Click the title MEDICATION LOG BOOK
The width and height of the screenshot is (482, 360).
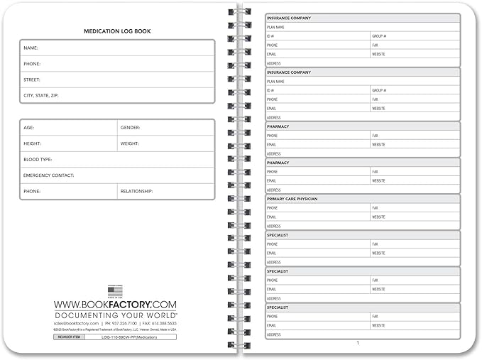[117, 31]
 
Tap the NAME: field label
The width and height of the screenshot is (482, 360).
[31, 48]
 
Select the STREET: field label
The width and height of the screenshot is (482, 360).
[32, 80]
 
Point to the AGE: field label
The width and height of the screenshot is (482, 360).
[29, 128]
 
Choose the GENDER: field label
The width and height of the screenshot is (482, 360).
[131, 128]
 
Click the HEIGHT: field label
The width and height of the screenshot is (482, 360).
[33, 143]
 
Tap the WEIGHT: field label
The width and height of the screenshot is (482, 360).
[131, 143]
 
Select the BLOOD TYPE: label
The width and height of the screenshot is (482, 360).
[38, 160]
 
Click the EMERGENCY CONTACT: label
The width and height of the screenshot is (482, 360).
[49, 175]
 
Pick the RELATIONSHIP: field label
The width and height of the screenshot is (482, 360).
[137, 191]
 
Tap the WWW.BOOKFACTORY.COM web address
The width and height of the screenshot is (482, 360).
[115, 304]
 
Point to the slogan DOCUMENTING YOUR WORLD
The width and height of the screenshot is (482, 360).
[115, 314]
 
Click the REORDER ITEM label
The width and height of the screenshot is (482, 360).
[68, 337]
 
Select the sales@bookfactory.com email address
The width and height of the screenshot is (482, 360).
[75, 323]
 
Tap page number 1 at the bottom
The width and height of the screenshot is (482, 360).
[358, 343]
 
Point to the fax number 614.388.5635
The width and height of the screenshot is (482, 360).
[163, 323]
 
